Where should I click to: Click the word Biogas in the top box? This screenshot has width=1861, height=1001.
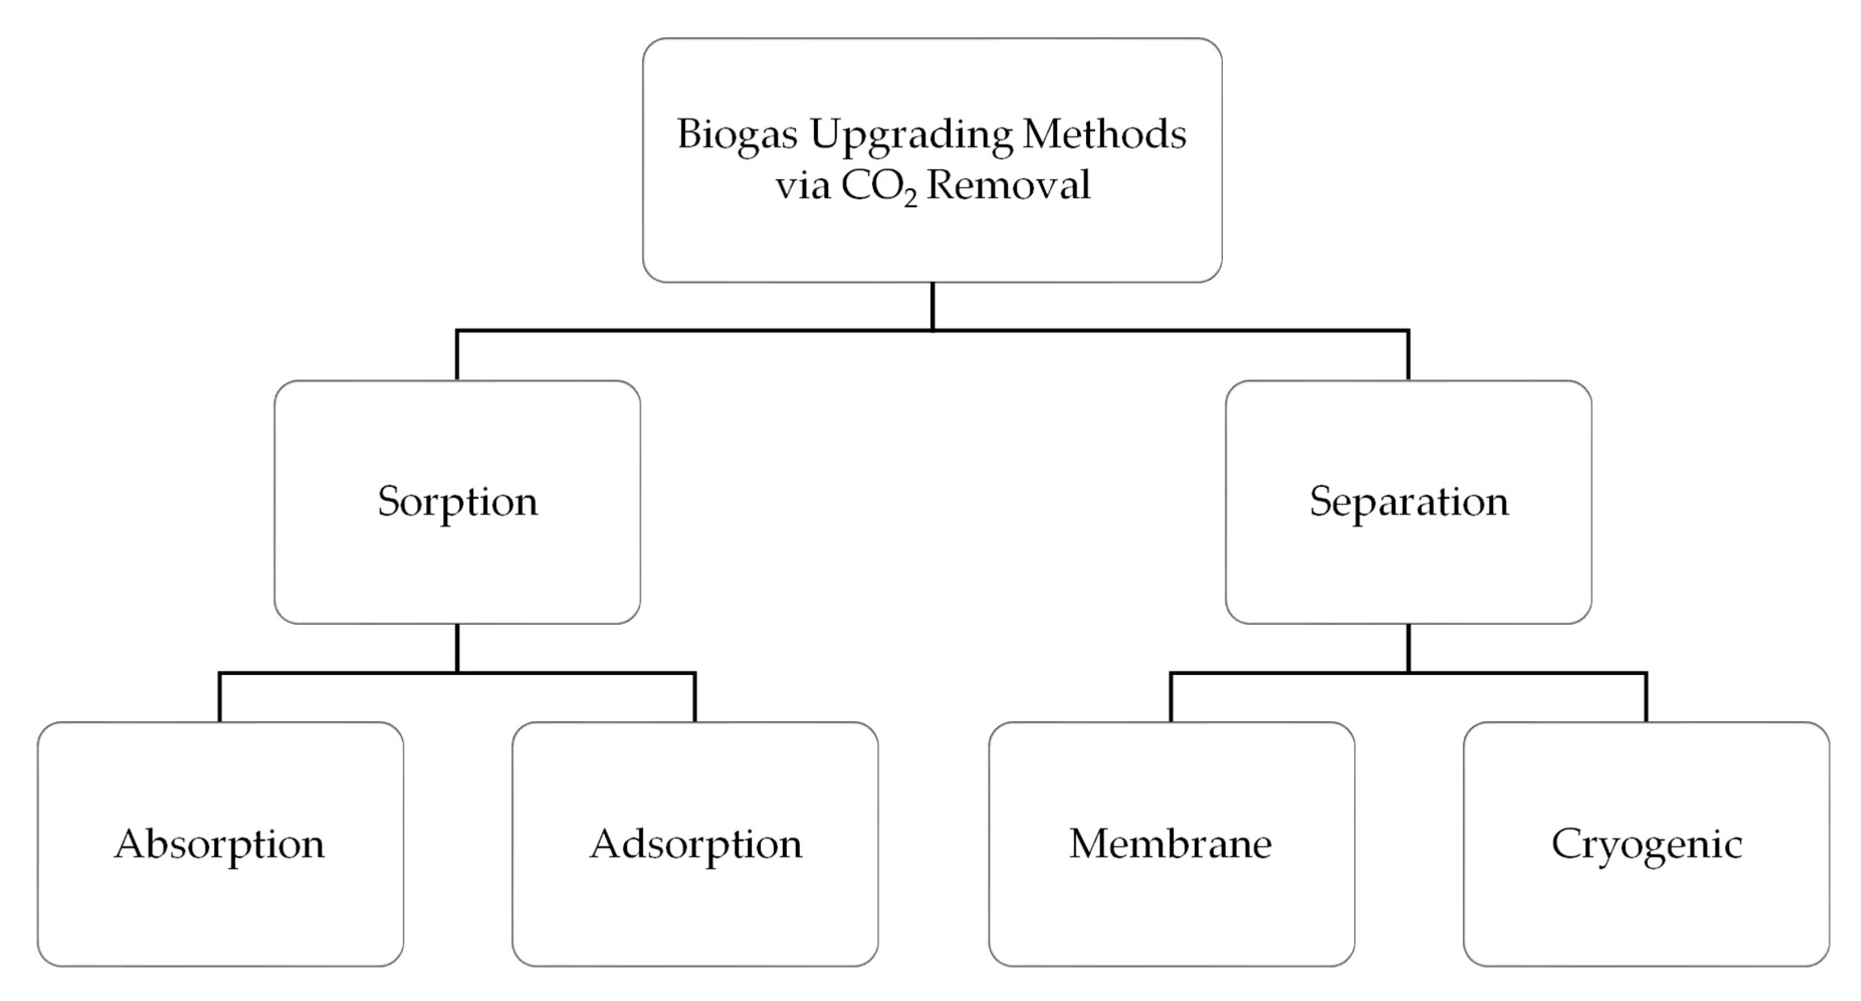737,135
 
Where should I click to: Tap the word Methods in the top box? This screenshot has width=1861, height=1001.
1104,135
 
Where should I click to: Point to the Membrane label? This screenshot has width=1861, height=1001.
1171,843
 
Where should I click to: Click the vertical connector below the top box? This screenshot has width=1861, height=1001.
933,306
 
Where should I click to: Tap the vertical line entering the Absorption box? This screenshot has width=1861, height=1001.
219,698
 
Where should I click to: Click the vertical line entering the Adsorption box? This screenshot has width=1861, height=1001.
695,698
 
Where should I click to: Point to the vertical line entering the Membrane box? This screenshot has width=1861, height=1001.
1171,698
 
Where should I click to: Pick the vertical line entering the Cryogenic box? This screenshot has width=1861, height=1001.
1647,698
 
